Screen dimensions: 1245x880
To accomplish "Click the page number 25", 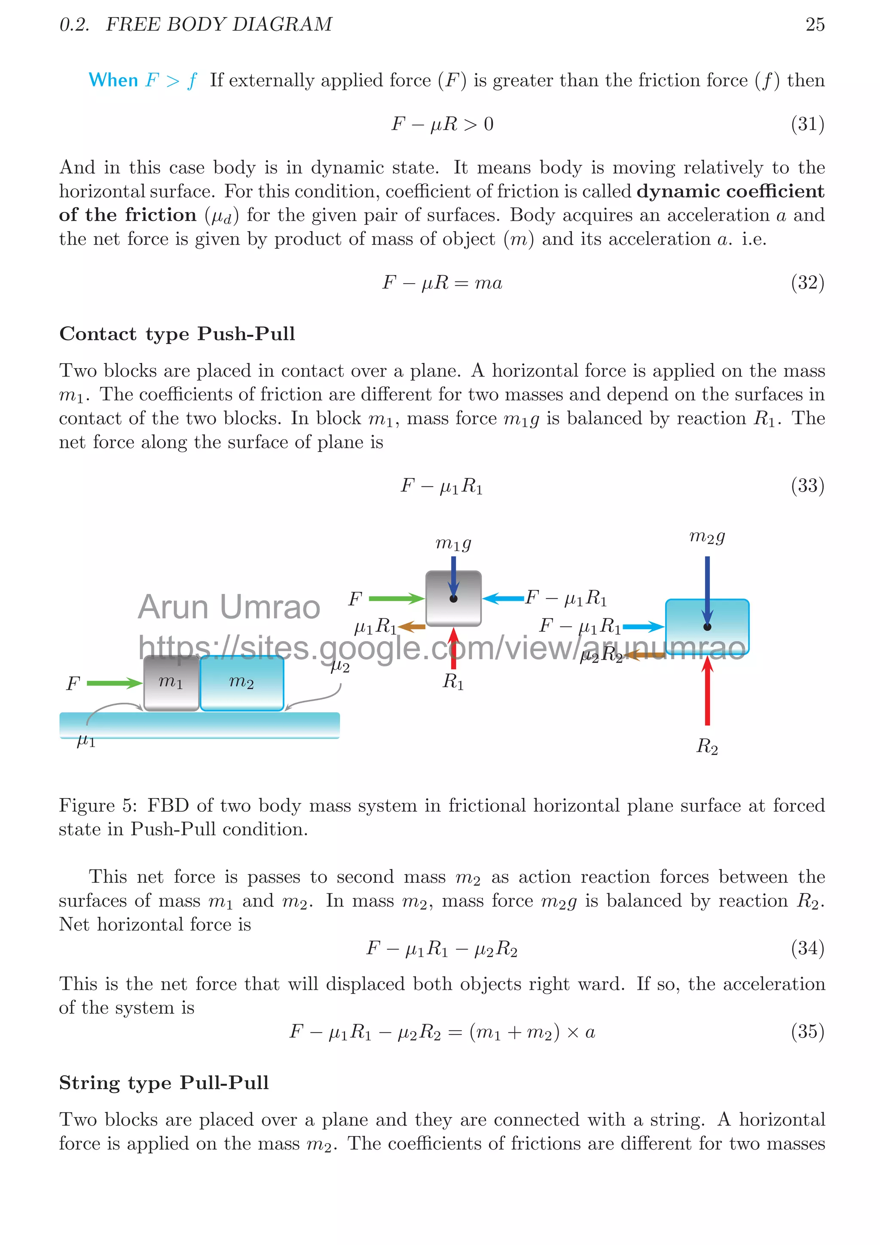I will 814,24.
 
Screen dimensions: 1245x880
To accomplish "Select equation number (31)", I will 807,124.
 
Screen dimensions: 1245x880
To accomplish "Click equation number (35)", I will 807,1031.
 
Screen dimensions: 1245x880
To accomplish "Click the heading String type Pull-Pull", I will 164,1082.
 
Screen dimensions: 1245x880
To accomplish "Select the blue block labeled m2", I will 242,683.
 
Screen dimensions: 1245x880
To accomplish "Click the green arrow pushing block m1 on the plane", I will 114,683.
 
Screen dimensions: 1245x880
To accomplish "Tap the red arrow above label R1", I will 453,648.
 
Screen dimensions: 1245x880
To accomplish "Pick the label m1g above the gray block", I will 453,542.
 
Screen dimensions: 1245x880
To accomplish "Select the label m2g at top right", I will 707,536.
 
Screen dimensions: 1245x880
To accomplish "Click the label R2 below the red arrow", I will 707,746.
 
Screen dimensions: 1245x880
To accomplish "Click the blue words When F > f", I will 143,80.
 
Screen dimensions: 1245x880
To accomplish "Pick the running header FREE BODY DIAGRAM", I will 219,24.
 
